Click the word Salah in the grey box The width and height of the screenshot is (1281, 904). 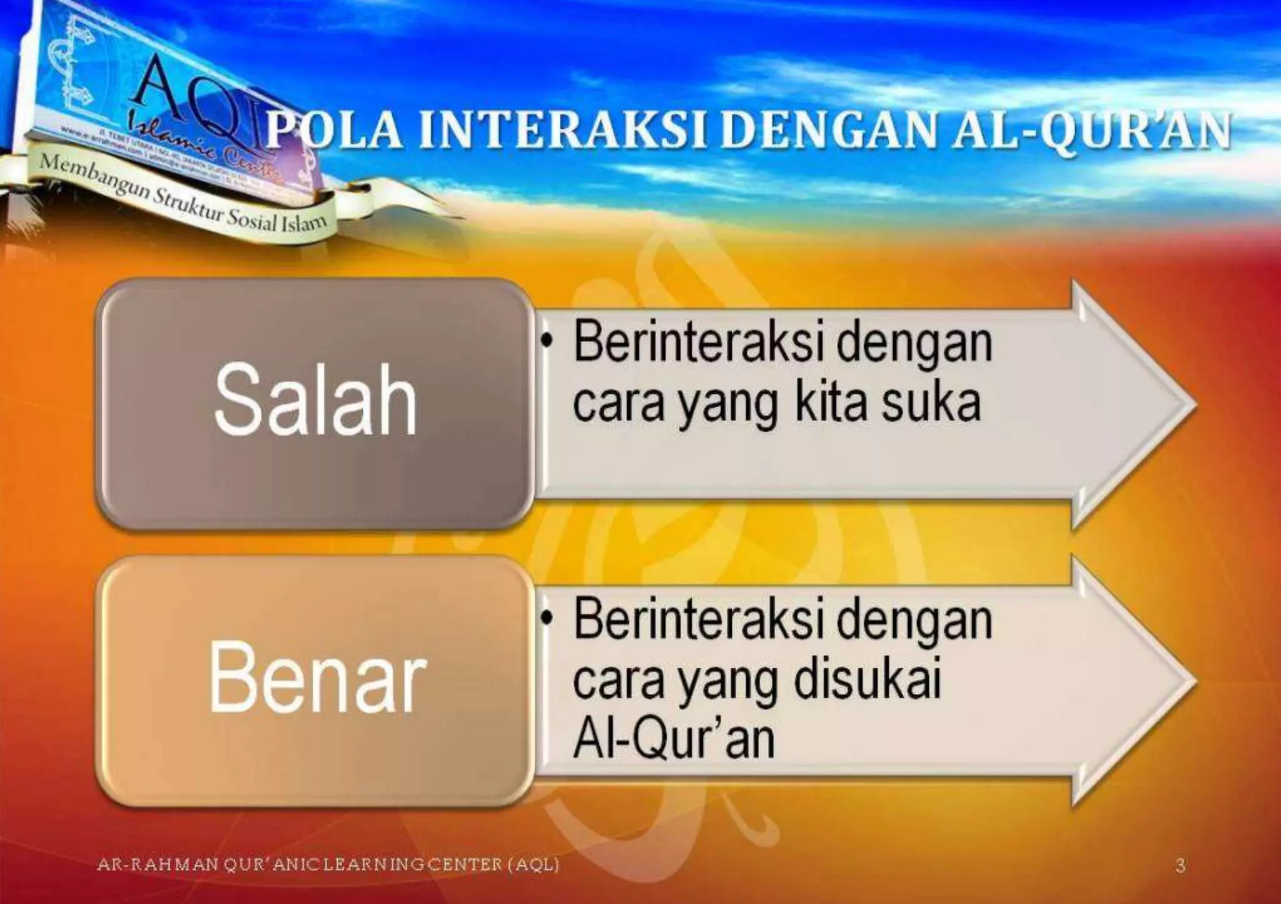coord(315,400)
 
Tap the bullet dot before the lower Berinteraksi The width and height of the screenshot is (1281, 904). coord(548,618)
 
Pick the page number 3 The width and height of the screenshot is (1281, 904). coord(1180,866)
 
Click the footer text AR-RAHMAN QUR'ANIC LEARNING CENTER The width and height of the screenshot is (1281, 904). coord(328,865)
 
